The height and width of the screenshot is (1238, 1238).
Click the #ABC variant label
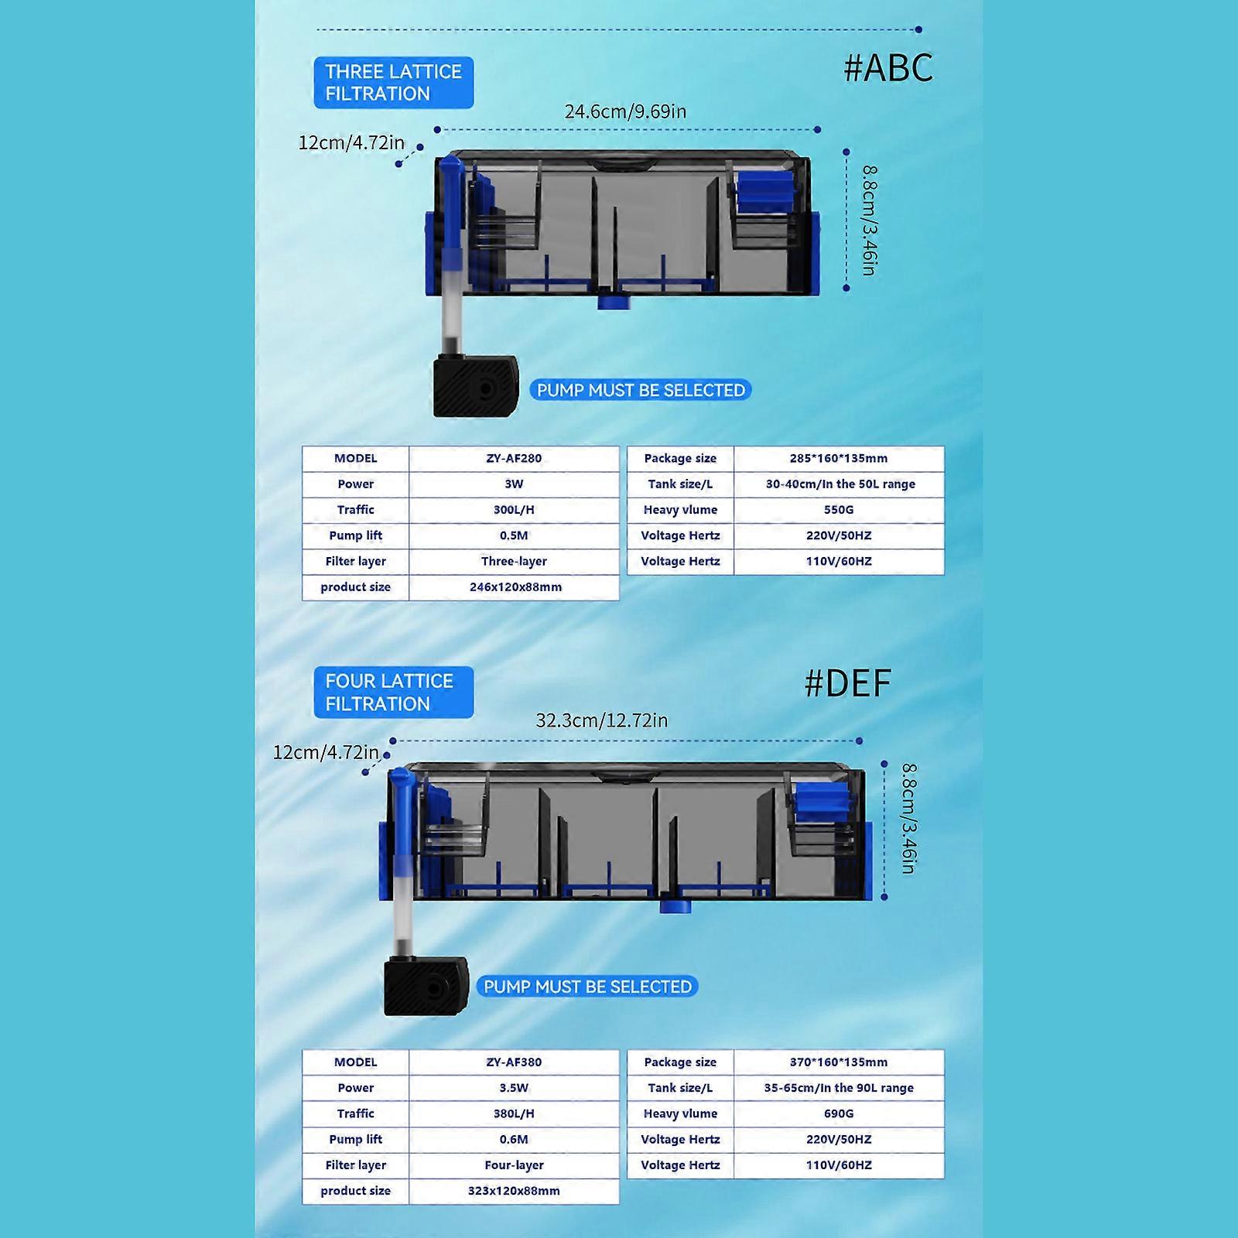click(x=888, y=68)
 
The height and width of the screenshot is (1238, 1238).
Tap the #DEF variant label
click(x=848, y=683)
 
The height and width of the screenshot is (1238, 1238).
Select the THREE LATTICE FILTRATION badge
click(x=393, y=83)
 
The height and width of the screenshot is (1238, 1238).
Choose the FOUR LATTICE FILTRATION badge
click(x=393, y=693)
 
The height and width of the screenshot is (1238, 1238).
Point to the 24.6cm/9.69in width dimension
click(x=625, y=111)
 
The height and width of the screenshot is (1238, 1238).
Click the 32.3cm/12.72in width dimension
click(x=602, y=720)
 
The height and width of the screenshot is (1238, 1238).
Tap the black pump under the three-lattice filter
click(x=475, y=385)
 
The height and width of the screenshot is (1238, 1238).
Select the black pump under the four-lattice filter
click(x=426, y=987)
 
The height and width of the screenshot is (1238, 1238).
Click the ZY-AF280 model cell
click(x=514, y=458)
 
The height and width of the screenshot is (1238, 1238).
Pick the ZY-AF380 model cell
click(x=514, y=1062)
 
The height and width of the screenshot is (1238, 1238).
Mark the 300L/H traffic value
click(x=514, y=510)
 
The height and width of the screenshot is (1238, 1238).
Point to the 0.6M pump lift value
click(x=514, y=1139)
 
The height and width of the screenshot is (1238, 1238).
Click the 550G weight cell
click(x=839, y=510)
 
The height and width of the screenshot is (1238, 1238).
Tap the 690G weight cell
click(x=839, y=1113)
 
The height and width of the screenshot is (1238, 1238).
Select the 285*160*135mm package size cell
click(x=839, y=458)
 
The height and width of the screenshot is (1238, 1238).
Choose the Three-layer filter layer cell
click(x=514, y=561)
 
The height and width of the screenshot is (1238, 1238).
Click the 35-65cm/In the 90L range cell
click(x=839, y=1088)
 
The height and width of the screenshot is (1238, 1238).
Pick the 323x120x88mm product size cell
click(x=514, y=1191)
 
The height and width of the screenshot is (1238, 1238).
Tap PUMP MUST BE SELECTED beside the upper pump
click(x=641, y=390)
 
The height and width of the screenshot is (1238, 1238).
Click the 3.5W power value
click(x=514, y=1088)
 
